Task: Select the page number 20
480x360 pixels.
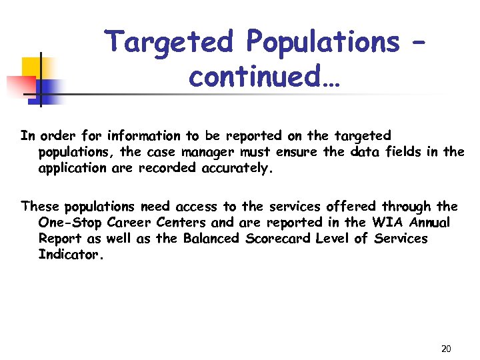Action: [446, 349]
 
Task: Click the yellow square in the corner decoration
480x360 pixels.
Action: [31, 67]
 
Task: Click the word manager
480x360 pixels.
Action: [211, 152]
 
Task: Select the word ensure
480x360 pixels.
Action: [297, 152]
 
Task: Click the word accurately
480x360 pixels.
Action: [236, 168]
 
